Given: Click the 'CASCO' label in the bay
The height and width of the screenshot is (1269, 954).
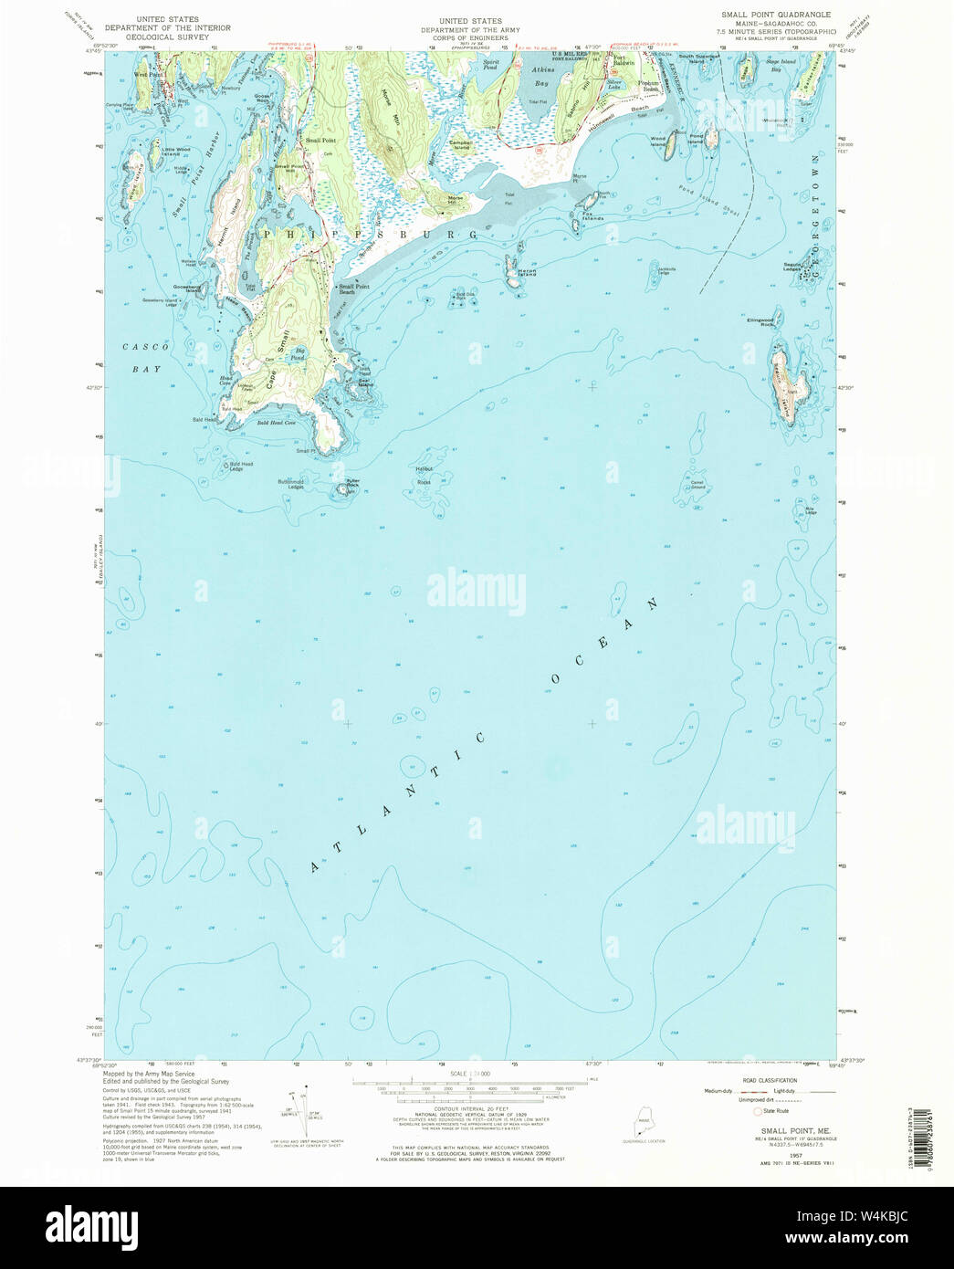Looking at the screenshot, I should click(142, 348).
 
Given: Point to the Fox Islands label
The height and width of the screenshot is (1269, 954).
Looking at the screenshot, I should click(591, 217).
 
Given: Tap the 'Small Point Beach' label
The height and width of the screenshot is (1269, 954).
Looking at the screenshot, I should click(354, 288).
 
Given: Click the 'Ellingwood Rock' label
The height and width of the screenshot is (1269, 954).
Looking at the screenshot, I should click(760, 321).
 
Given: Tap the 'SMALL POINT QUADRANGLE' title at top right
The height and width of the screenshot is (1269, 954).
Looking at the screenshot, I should click(775, 15).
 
